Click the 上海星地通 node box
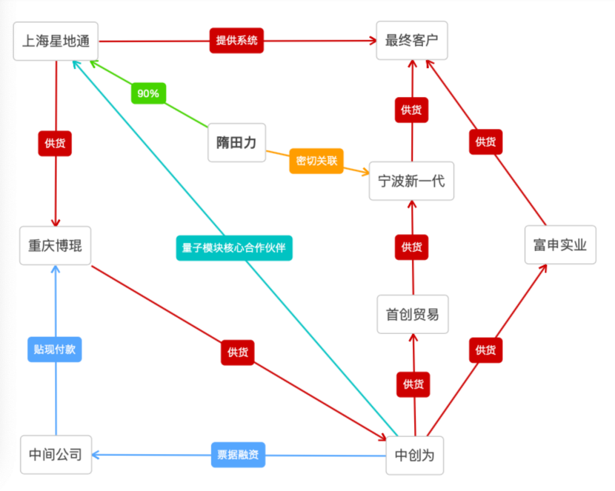point(56,41)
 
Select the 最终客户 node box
point(412,40)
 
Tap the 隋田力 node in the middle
point(236,142)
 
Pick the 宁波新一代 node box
point(411,181)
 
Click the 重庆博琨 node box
point(55,245)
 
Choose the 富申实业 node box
point(560,245)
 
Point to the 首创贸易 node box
point(412,314)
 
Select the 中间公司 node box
point(56,455)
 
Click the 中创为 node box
point(414,455)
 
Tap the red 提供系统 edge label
point(236,40)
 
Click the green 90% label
point(148,93)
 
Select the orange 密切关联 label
point(317,161)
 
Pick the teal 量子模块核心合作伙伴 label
point(233,248)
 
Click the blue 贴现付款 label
point(55,349)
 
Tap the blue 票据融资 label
point(238,455)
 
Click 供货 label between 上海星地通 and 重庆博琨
point(55,143)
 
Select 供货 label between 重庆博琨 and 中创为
point(237,353)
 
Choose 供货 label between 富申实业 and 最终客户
point(486,142)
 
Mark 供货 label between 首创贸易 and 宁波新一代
point(411,247)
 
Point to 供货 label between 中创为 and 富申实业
point(486,350)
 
